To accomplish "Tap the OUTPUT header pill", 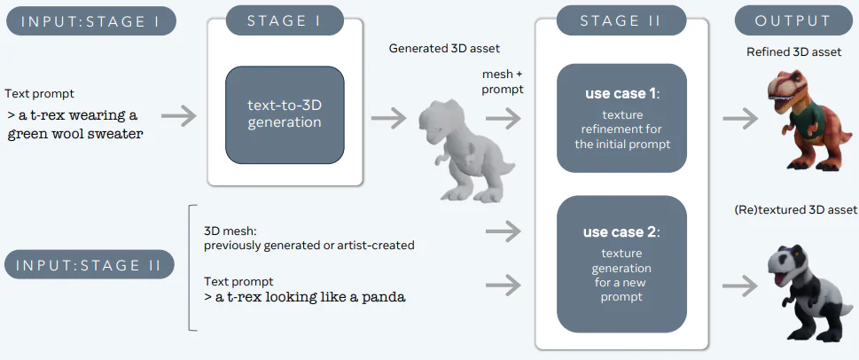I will tap(793, 20).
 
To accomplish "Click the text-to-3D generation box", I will tap(285, 113).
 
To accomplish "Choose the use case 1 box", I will tap(621, 117).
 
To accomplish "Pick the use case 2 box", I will tap(621, 263).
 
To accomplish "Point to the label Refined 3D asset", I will tap(793, 52).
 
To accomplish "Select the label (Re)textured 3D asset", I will tap(795, 210).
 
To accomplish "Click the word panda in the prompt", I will tap(380, 297).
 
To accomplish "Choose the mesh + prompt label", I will tap(503, 82).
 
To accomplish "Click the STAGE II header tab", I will tap(621, 20).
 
